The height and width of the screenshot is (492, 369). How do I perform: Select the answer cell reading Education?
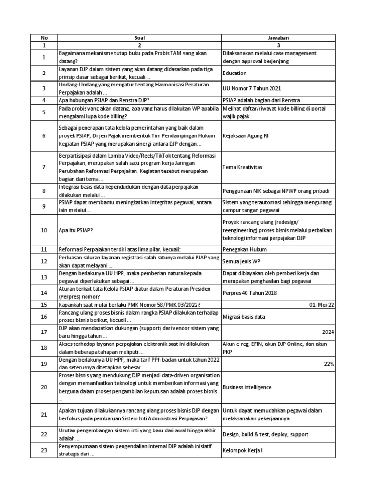click(x=235, y=73)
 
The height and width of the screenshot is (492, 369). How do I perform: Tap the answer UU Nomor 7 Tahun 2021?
click(x=252, y=88)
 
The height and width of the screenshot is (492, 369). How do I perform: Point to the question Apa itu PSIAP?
click(x=75, y=230)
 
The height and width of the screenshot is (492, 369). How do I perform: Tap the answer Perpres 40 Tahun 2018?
click(x=250, y=292)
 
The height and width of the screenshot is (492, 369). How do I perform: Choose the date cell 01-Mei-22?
click(x=322, y=304)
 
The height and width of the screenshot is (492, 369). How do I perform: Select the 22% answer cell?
click(x=329, y=364)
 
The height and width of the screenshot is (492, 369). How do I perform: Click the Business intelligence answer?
click(x=247, y=387)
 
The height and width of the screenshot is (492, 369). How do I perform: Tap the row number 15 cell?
click(x=44, y=304)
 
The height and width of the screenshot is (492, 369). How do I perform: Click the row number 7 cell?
click(x=44, y=167)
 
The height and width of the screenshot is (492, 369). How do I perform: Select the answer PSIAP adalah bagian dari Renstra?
click(x=261, y=100)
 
